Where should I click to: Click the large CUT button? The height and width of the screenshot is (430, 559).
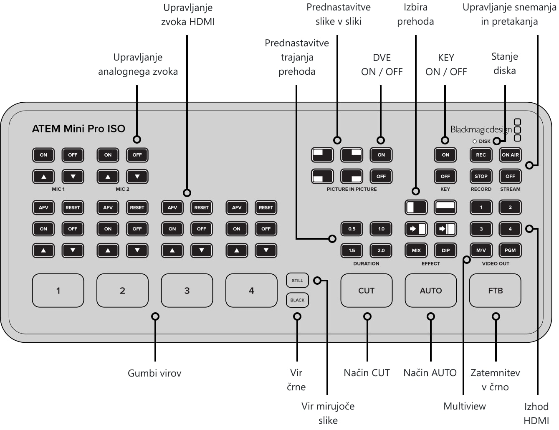(366, 290)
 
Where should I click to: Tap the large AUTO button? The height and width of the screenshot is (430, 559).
(431, 290)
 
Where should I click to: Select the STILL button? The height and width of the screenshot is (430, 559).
(297, 280)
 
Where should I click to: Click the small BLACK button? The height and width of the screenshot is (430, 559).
(297, 300)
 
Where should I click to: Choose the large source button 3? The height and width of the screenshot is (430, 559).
(187, 290)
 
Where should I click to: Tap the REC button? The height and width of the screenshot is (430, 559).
(481, 155)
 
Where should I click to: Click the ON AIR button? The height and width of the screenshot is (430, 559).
(510, 155)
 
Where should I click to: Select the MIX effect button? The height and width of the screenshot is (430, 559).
(416, 250)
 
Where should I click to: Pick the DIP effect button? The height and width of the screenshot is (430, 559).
(445, 250)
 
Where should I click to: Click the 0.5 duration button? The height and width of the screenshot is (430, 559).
(352, 229)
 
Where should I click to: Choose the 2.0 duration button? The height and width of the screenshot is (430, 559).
(381, 250)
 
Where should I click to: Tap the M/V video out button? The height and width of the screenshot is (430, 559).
(481, 250)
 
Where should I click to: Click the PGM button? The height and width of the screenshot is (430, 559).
(510, 250)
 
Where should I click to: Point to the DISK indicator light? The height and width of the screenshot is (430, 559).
(475, 142)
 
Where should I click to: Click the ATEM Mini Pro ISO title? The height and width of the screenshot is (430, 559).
(78, 129)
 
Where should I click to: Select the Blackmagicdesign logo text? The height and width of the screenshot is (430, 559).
(481, 129)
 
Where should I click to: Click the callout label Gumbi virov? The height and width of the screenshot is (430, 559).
(154, 373)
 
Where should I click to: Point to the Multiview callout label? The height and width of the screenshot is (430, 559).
(465, 406)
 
